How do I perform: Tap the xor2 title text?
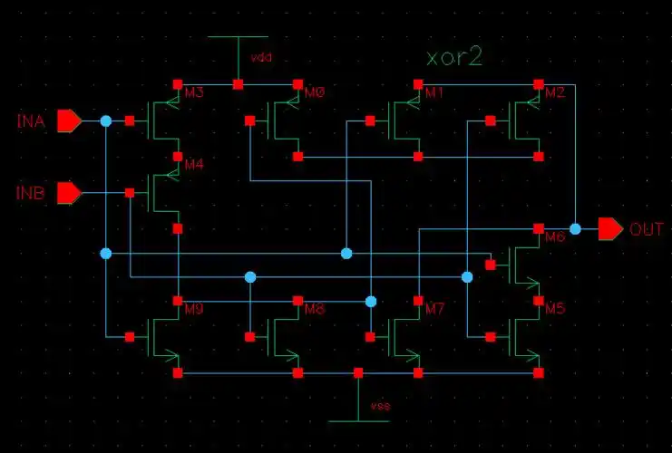(453, 57)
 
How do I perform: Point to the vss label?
(381, 407)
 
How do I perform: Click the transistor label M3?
(194, 92)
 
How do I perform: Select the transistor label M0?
(315, 92)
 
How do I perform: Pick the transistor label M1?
(434, 92)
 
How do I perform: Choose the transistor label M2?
(555, 92)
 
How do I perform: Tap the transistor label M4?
(194, 165)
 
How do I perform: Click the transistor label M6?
(555, 237)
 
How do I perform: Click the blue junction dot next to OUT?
(575, 228)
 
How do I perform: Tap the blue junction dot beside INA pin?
(106, 120)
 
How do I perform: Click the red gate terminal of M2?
(491, 120)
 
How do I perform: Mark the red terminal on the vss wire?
(358, 372)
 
